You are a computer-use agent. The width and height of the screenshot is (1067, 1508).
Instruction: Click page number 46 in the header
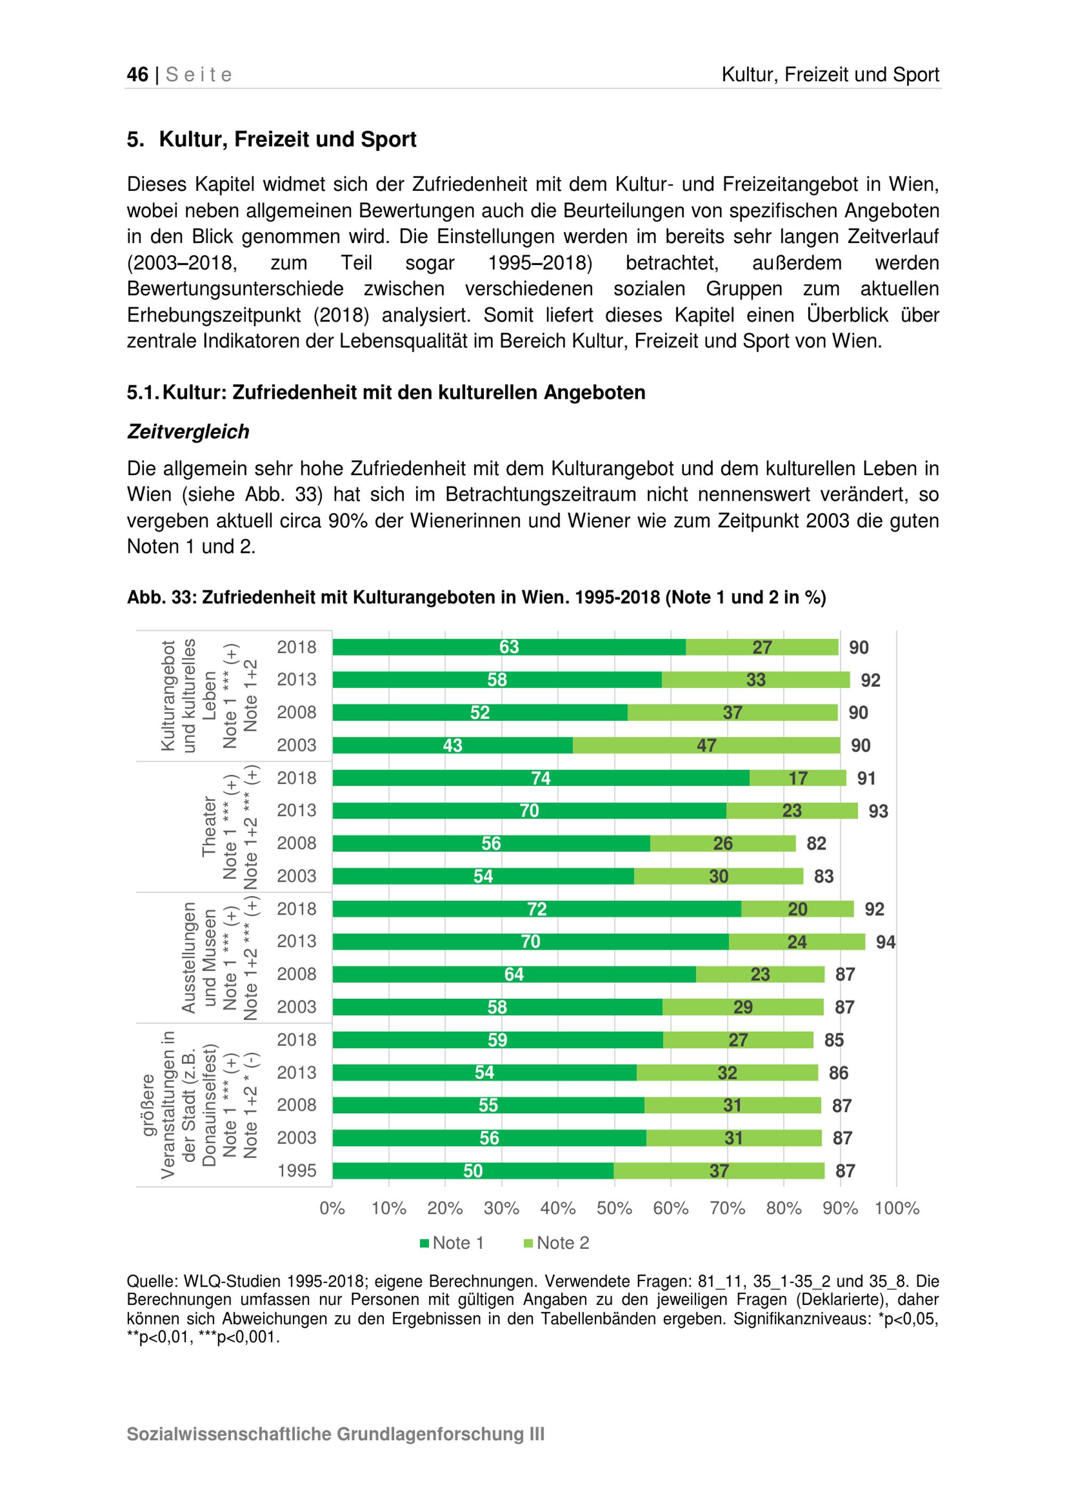pos(137,74)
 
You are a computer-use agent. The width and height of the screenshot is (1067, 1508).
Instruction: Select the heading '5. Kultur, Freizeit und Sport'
pos(272,139)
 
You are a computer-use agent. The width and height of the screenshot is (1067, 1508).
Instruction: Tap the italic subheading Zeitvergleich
pos(188,431)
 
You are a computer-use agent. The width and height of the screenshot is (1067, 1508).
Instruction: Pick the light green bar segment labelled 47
pos(706,745)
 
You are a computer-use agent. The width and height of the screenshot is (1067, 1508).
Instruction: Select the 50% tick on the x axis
pos(614,1208)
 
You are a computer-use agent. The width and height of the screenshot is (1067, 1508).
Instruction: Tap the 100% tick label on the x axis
pos(896,1208)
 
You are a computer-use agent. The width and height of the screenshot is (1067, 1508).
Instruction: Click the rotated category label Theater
pos(209,826)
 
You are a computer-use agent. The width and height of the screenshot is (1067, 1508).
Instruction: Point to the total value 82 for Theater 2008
pos(816,844)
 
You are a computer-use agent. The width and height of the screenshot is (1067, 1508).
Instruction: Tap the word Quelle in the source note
pos(150,1281)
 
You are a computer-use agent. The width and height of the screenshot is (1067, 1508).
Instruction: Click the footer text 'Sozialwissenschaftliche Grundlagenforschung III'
pos(335,1434)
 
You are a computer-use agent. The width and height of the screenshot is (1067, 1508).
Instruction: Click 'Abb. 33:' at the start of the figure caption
pos(161,597)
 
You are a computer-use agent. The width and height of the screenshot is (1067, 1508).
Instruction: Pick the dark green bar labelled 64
pos(513,974)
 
